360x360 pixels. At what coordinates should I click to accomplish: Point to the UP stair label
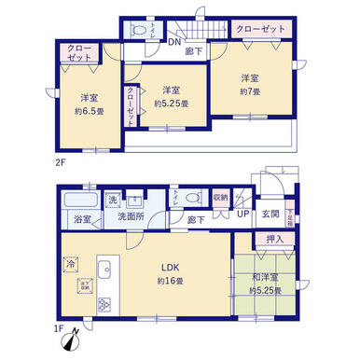(242, 217)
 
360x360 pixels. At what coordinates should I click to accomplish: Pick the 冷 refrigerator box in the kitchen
(72, 263)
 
